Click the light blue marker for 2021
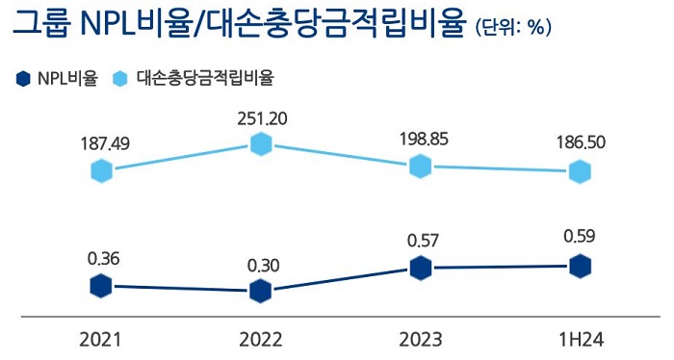[x=102, y=171]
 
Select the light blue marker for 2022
[x=261, y=144]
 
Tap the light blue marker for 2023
[x=420, y=166]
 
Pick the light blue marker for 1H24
[x=580, y=171]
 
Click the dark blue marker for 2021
[x=101, y=286]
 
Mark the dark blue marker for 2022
[x=261, y=292]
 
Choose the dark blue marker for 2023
[x=420, y=269]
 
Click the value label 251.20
[x=262, y=118]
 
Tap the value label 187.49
[x=103, y=143]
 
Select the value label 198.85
[x=422, y=139]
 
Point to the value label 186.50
[x=581, y=142]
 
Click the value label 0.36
[x=102, y=258]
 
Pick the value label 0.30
[x=262, y=265]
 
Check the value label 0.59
[x=581, y=237]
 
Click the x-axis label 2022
[x=261, y=340]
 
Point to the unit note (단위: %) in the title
[x=513, y=28]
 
